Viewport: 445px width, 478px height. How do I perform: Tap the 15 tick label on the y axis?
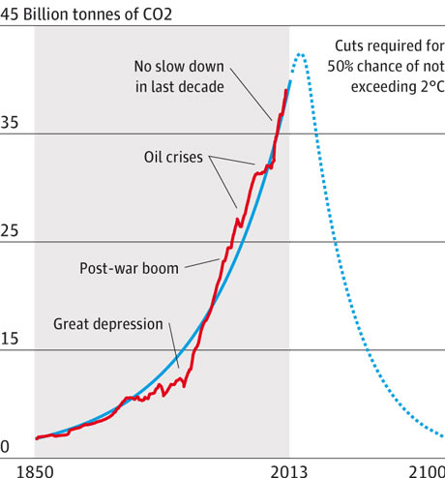pos(11,340)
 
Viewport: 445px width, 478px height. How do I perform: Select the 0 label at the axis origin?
pos(5,447)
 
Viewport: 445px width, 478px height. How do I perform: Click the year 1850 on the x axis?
pos(18,469)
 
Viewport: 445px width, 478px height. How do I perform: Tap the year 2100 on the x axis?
pos(427,469)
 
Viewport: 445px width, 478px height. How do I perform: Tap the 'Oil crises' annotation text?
pos(172,156)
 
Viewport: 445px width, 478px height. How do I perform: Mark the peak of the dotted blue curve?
pos(300,54)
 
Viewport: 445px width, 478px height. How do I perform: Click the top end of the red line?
pos(287,89)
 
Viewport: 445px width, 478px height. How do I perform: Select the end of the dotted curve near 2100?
pos(441,435)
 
